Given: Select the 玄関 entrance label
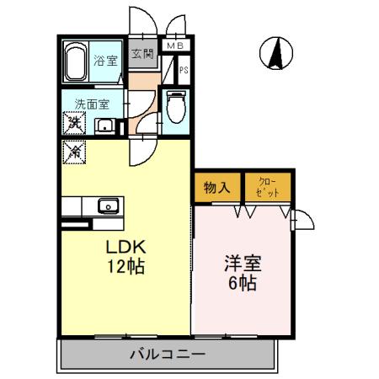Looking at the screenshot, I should [142, 56].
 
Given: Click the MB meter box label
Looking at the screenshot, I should [175, 45].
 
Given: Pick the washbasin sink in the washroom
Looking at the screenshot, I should [106, 126].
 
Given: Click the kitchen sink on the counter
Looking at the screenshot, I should [107, 205].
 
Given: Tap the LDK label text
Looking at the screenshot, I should [125, 249].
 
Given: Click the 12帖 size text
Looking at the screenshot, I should [125, 269].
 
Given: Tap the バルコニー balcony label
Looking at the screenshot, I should [167, 354].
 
